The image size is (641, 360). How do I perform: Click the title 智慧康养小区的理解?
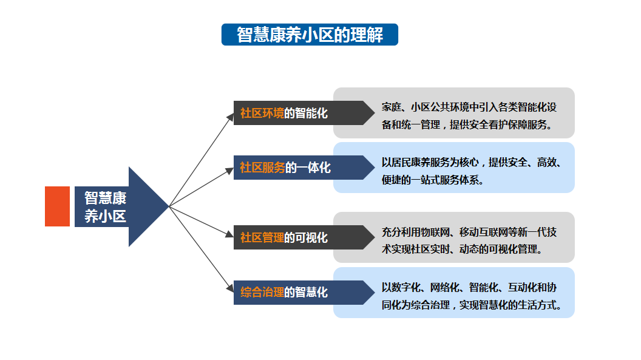click(x=310, y=35)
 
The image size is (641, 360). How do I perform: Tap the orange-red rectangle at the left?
click(x=57, y=206)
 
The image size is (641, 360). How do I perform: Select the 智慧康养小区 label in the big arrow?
click(x=106, y=207)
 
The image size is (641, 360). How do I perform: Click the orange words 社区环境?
click(x=262, y=113)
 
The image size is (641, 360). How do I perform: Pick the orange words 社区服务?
click(x=262, y=168)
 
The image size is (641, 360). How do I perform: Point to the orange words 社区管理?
click(x=262, y=237)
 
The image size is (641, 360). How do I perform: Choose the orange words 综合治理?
click(x=262, y=292)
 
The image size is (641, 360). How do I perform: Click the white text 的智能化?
click(x=306, y=113)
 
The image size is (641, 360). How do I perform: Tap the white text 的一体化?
click(x=308, y=168)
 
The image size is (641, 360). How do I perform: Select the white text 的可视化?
click(x=306, y=237)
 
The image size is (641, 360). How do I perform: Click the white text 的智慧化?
click(x=306, y=292)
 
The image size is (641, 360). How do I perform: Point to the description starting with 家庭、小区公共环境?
click(x=469, y=115)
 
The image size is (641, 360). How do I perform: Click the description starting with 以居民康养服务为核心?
click(x=472, y=171)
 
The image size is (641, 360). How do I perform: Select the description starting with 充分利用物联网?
click(x=469, y=240)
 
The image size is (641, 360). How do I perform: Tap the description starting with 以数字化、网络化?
click(x=472, y=296)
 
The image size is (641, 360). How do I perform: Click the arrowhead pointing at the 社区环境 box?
click(x=230, y=118)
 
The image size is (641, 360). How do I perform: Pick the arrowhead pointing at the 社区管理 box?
click(x=229, y=234)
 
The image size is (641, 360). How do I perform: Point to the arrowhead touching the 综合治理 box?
click(x=230, y=288)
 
